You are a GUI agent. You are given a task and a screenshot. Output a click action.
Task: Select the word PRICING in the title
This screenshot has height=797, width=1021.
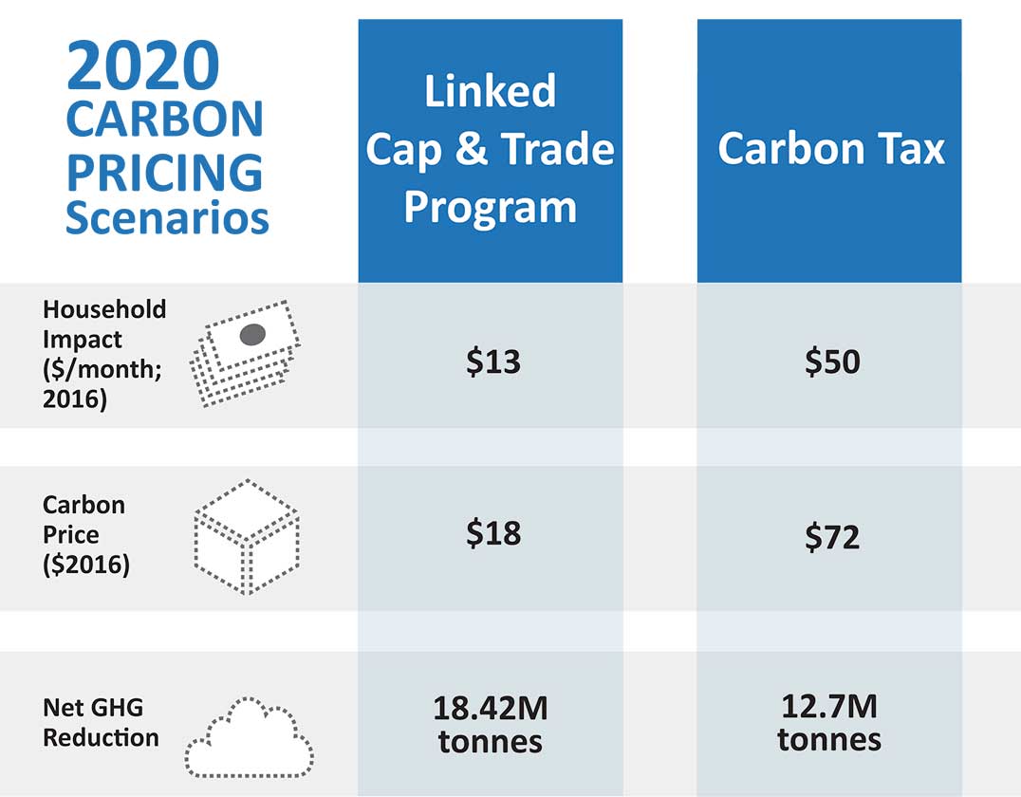pos(164,172)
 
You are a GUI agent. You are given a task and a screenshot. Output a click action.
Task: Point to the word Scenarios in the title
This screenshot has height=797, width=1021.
pos(167,218)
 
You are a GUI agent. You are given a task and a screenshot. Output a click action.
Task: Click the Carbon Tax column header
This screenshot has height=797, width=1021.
pos(831,149)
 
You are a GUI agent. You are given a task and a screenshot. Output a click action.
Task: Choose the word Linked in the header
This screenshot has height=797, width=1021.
pos(490,91)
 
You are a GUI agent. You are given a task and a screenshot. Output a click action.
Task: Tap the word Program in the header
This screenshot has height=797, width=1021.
pos(490,206)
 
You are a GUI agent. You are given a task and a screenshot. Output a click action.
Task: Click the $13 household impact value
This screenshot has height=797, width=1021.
pos(493,361)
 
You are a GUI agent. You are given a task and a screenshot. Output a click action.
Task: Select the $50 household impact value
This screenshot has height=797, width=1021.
pos(831,361)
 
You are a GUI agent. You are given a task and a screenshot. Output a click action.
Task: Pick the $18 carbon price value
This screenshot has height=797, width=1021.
pos(493,533)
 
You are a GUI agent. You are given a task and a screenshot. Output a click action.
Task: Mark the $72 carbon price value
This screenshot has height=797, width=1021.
pos(831,538)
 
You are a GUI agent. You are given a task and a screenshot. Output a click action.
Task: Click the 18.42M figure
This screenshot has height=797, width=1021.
pos(491,708)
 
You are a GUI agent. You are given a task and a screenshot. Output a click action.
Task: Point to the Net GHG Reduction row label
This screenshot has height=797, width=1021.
pos(101,722)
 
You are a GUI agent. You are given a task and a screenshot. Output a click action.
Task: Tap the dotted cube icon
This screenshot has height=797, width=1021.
pos(247,536)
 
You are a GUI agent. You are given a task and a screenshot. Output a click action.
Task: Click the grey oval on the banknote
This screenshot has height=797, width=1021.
pos(252,334)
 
